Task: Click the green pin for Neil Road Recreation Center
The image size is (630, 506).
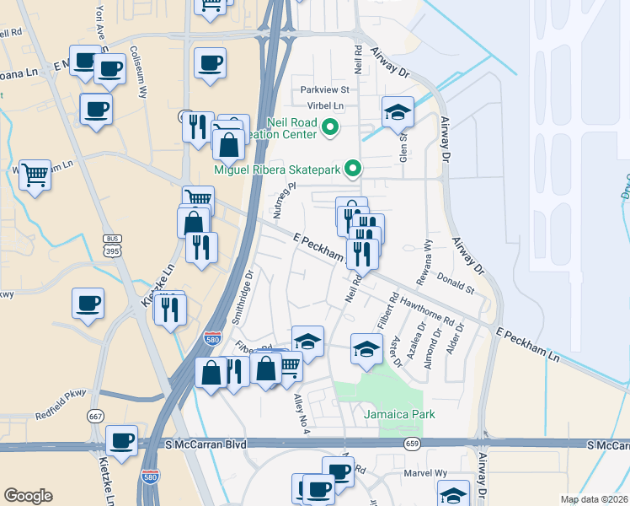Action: click(330, 129)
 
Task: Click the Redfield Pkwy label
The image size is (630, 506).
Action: click(61, 416)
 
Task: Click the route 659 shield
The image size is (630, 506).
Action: click(412, 442)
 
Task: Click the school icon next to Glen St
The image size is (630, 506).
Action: click(398, 112)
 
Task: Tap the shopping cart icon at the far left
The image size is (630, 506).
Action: click(35, 175)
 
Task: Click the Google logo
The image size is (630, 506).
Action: click(28, 496)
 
